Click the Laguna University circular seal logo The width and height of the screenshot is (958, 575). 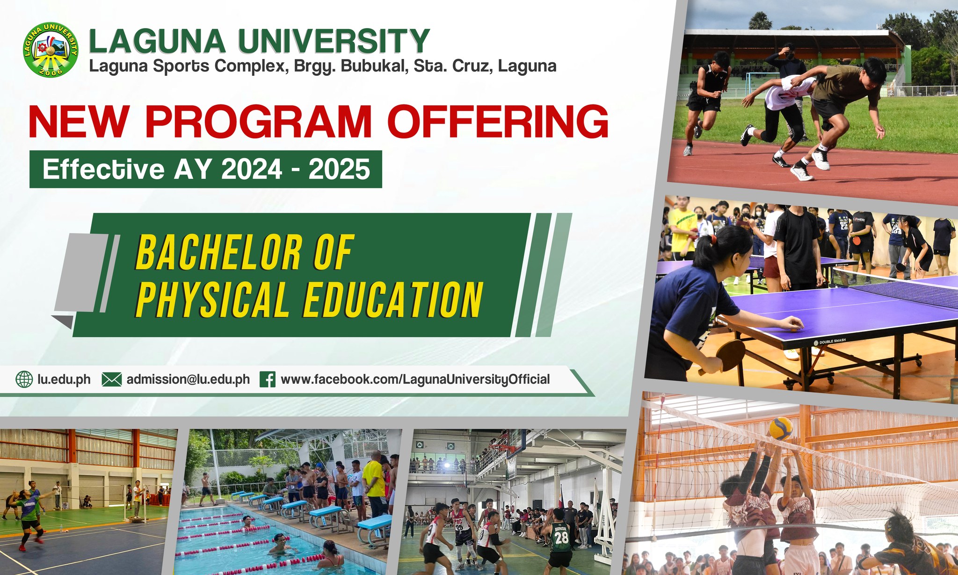click(51, 49)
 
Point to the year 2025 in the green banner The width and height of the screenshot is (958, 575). click(339, 169)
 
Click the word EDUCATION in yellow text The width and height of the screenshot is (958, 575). click(393, 299)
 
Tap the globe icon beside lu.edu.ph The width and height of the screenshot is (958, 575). click(24, 379)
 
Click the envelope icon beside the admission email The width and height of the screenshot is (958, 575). click(111, 379)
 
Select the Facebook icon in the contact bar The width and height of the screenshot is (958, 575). click(268, 379)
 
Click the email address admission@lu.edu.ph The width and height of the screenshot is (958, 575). click(188, 379)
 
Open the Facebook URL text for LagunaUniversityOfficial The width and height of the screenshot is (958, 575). click(415, 379)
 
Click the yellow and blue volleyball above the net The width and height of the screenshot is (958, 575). click(781, 428)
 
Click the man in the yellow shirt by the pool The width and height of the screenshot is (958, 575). click(374, 487)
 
